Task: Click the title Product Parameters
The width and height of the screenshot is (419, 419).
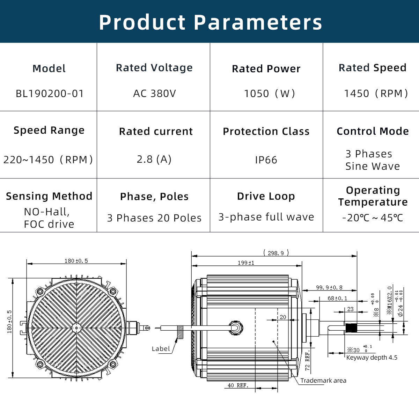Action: coord(210,22)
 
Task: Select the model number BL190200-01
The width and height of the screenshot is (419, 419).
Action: coord(50,94)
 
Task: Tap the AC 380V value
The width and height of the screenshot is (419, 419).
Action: coord(154,94)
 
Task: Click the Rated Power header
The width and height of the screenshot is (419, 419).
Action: coord(266,69)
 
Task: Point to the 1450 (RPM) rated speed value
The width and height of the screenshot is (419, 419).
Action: coord(376,94)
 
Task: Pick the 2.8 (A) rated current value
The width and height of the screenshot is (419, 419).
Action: coord(154,159)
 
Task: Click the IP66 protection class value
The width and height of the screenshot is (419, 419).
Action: coord(266,160)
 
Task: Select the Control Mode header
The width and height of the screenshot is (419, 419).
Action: coord(373,131)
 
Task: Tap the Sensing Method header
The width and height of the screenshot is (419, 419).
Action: coord(49,196)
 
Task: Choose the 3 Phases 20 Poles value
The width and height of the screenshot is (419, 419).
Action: coord(154,218)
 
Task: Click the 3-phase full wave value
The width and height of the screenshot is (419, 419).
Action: coord(266,217)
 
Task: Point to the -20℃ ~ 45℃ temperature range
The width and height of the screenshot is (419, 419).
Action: coord(373,218)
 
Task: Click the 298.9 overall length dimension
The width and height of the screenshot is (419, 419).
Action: coord(276,253)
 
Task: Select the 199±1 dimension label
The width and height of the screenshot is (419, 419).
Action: coord(246,263)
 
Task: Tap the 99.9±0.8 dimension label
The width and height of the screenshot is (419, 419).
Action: coord(329,287)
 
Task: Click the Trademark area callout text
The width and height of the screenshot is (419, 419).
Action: coord(323,381)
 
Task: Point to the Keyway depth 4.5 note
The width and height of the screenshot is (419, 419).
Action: coord(372,358)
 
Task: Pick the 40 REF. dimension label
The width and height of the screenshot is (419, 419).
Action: coord(237,385)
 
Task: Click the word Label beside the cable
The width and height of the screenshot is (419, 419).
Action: coord(161,349)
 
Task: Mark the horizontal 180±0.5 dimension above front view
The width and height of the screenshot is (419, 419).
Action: coord(76,261)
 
